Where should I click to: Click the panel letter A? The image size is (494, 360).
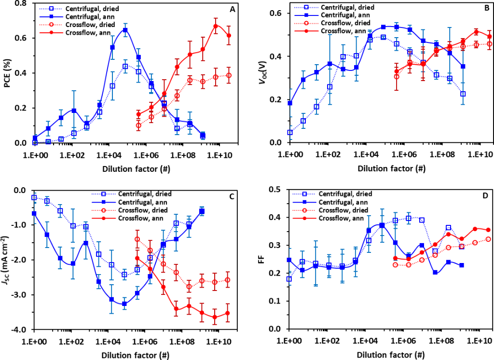(232, 9)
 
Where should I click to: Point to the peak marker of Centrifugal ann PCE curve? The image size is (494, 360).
(125, 30)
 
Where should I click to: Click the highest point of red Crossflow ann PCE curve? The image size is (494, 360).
(216, 26)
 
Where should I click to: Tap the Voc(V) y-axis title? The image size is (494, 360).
(263, 72)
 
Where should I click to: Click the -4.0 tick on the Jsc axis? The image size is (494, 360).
(21, 330)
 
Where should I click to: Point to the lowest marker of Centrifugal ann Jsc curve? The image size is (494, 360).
(124, 304)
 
